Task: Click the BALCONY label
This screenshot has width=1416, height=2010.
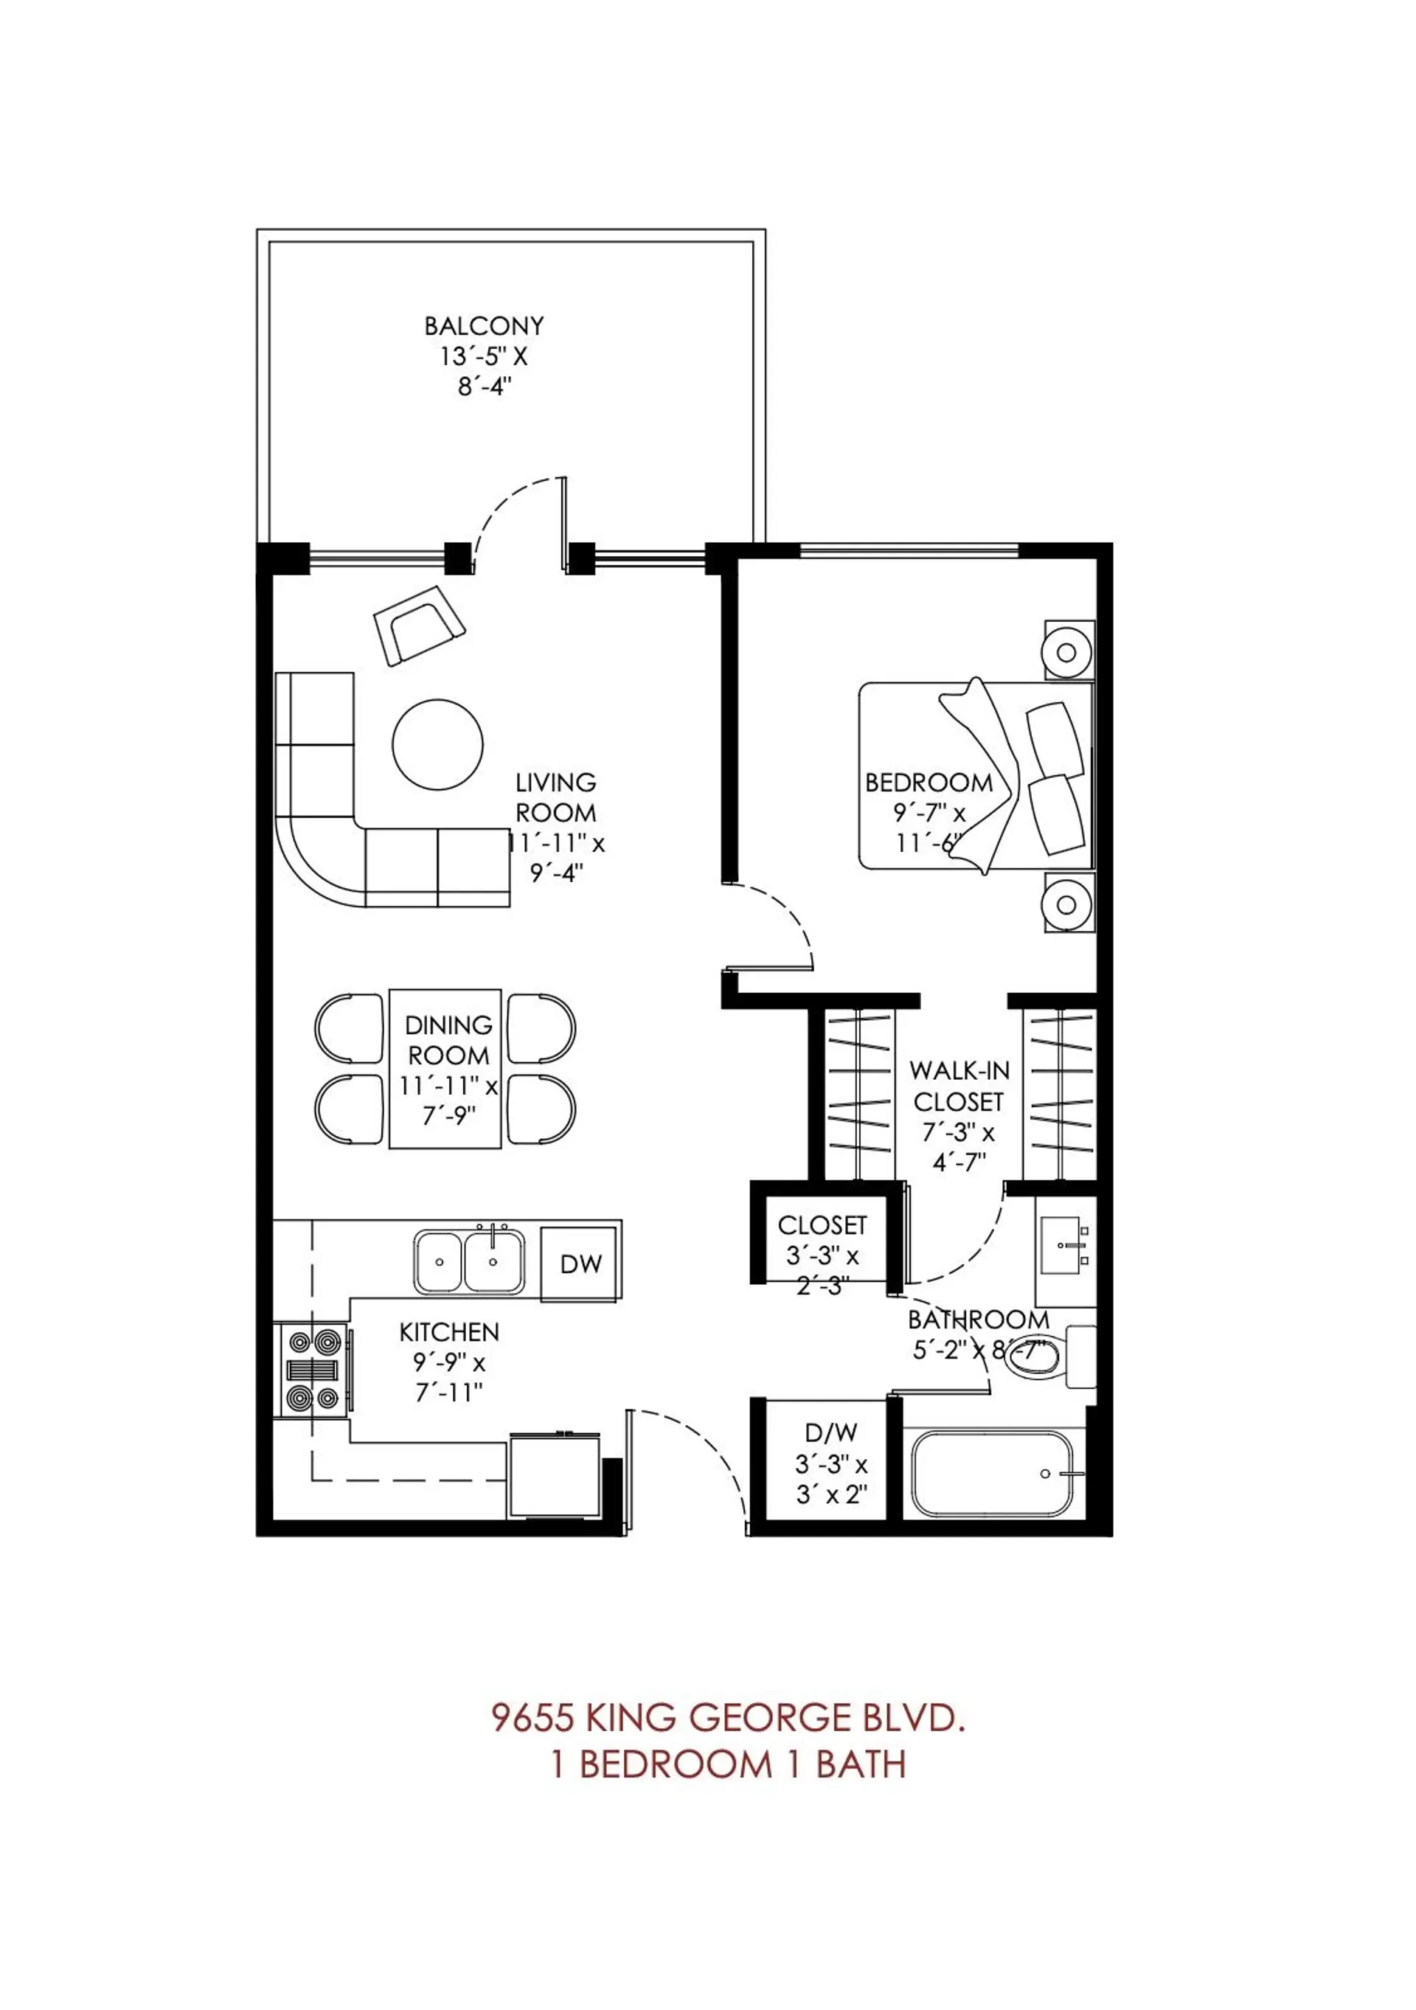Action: pyautogui.click(x=483, y=327)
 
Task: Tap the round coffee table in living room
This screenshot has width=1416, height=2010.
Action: pyautogui.click(x=437, y=745)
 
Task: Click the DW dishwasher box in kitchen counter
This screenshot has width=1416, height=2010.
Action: pyautogui.click(x=580, y=1264)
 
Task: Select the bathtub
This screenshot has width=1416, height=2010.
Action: pyautogui.click(x=990, y=1473)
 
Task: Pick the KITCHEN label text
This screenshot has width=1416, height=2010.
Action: pyautogui.click(x=449, y=1332)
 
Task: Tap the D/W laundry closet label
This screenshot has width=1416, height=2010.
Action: pyautogui.click(x=830, y=1433)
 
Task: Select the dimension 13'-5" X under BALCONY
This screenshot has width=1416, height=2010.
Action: pyautogui.click(x=483, y=357)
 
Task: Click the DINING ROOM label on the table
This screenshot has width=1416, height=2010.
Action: pyautogui.click(x=448, y=1040)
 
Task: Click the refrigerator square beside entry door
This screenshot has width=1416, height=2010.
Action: pyautogui.click(x=553, y=1475)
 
